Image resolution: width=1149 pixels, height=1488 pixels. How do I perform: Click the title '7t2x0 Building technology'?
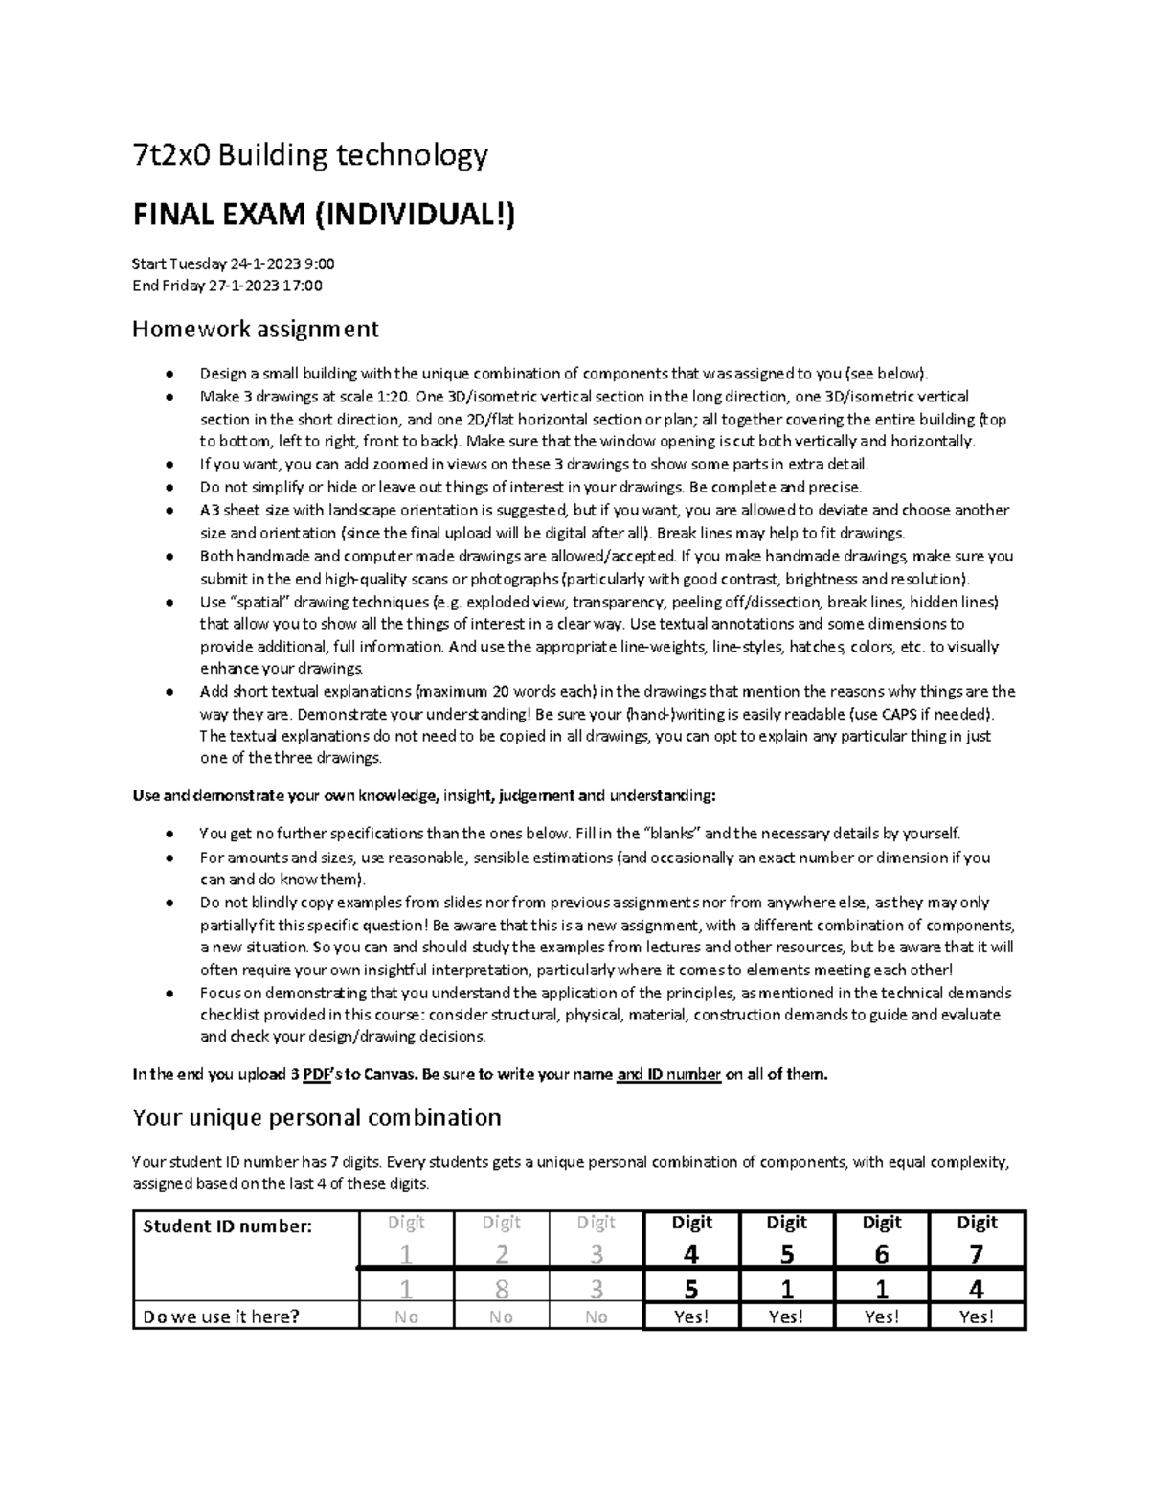tap(309, 154)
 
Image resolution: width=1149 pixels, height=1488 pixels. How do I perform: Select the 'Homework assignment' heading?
tap(255, 330)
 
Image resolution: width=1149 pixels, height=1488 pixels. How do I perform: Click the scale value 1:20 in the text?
tap(386, 397)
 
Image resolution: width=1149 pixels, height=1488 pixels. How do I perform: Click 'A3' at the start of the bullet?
tap(209, 511)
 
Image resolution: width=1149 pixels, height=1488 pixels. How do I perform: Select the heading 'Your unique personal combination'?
tap(316, 1118)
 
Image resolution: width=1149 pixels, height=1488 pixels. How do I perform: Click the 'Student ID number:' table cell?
tap(227, 1226)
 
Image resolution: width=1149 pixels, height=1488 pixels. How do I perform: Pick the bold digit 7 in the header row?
tap(976, 1254)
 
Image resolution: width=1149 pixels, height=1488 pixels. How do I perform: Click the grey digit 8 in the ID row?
tap(501, 1290)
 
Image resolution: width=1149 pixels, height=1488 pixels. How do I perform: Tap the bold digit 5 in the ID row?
tap(691, 1290)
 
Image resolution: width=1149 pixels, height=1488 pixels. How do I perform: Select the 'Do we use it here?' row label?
tap(220, 1317)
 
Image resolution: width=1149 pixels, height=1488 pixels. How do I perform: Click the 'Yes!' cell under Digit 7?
tap(976, 1317)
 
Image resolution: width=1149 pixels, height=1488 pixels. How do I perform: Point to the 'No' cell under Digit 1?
tap(406, 1317)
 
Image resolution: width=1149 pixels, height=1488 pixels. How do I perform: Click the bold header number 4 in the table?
tap(691, 1254)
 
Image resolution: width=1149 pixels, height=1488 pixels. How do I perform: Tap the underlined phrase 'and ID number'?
tap(668, 1075)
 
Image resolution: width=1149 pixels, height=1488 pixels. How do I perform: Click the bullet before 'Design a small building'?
tap(169, 374)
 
